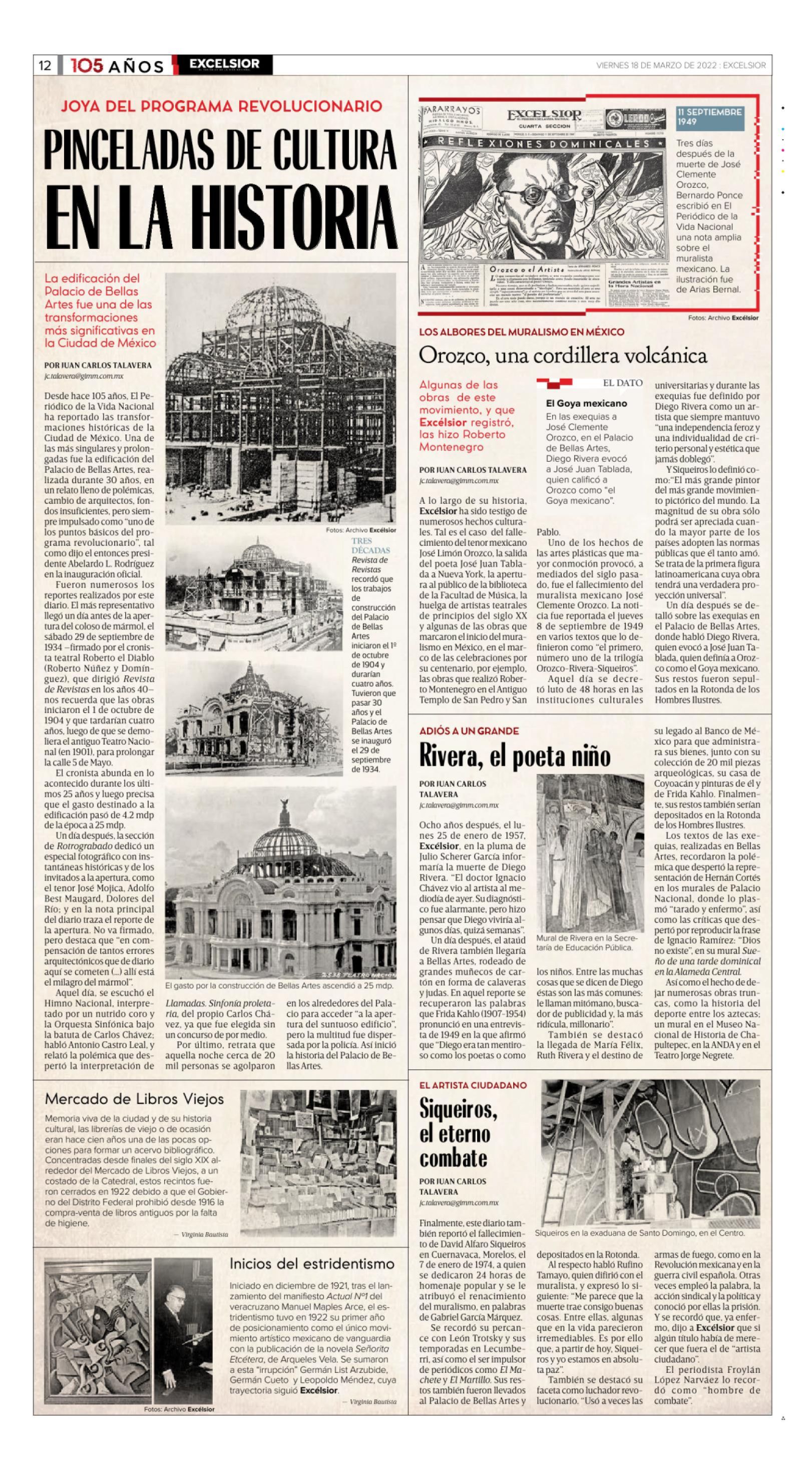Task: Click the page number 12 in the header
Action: coord(45,66)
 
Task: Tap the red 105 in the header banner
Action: coord(88,66)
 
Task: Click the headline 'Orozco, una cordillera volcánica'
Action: coord(563,355)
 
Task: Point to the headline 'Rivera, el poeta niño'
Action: coord(515,756)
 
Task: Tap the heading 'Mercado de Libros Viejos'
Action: coord(134,1098)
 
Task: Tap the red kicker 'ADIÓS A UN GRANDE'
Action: coord(469,731)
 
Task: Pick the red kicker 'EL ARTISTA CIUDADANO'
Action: coord(473,1085)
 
